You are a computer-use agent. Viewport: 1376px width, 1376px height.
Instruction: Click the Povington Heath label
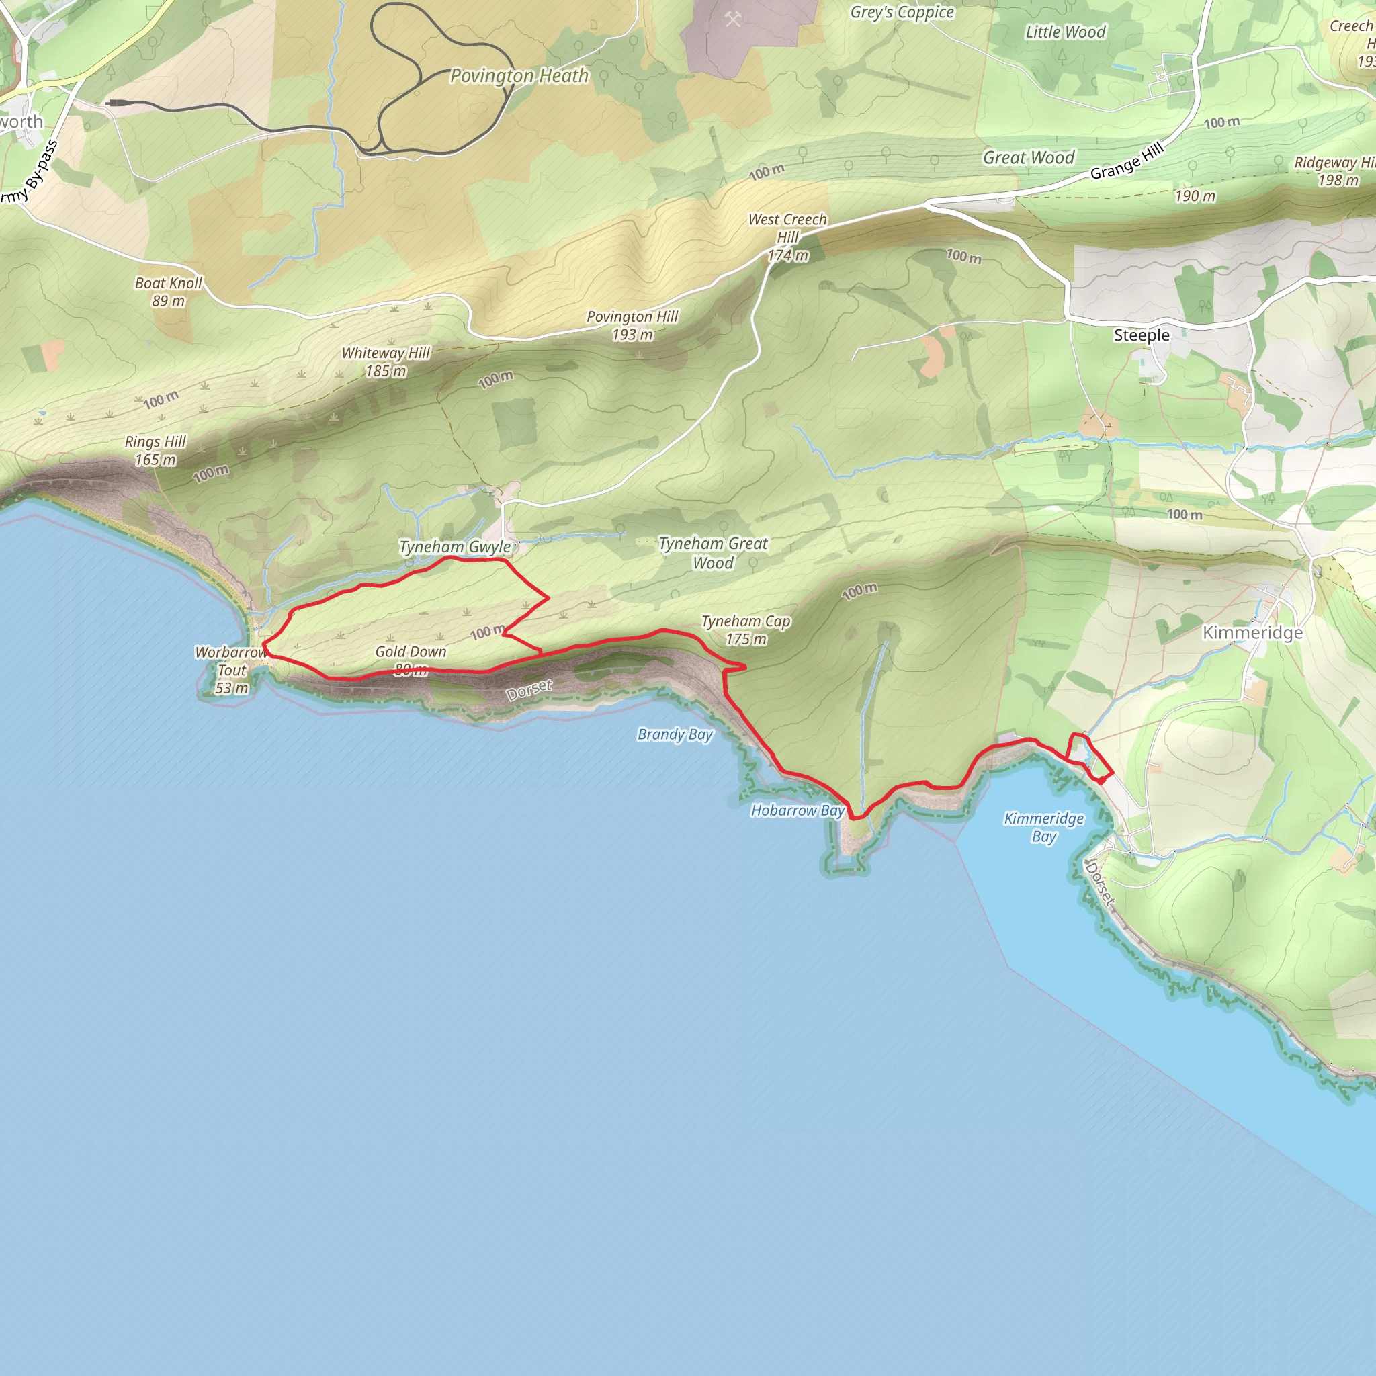pyautogui.click(x=519, y=75)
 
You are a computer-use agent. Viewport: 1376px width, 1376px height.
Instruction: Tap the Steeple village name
pyautogui.click(x=1141, y=335)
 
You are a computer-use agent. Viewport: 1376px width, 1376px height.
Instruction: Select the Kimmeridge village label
pyautogui.click(x=1252, y=632)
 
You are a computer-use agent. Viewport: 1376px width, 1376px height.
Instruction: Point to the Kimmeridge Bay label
pyautogui.click(x=1043, y=827)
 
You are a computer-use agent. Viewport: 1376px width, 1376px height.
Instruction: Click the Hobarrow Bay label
pyautogui.click(x=798, y=810)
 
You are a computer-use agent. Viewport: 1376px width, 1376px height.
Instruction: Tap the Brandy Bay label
pyautogui.click(x=675, y=734)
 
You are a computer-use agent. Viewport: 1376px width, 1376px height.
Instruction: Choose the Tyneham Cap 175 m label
pyautogui.click(x=746, y=630)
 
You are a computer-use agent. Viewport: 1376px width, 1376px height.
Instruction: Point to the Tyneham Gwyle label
pyautogui.click(x=455, y=547)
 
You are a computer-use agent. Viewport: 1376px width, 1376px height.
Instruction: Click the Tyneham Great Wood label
pyautogui.click(x=713, y=553)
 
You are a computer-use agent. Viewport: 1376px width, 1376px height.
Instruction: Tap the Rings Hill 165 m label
pyautogui.click(x=155, y=450)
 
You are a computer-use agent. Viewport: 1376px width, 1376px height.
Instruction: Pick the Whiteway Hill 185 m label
pyautogui.click(x=386, y=361)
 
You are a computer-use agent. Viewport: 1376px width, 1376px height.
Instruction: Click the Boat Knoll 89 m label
pyautogui.click(x=169, y=292)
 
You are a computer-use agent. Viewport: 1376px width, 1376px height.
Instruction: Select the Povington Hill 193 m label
pyautogui.click(x=632, y=325)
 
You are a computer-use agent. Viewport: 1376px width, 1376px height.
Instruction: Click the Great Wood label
pyautogui.click(x=1029, y=157)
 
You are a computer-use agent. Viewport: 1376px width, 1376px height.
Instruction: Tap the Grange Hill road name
pyautogui.click(x=1127, y=161)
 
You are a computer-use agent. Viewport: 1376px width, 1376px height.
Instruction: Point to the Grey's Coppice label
pyautogui.click(x=902, y=12)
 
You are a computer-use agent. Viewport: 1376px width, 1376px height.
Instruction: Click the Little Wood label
pyautogui.click(x=1065, y=32)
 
